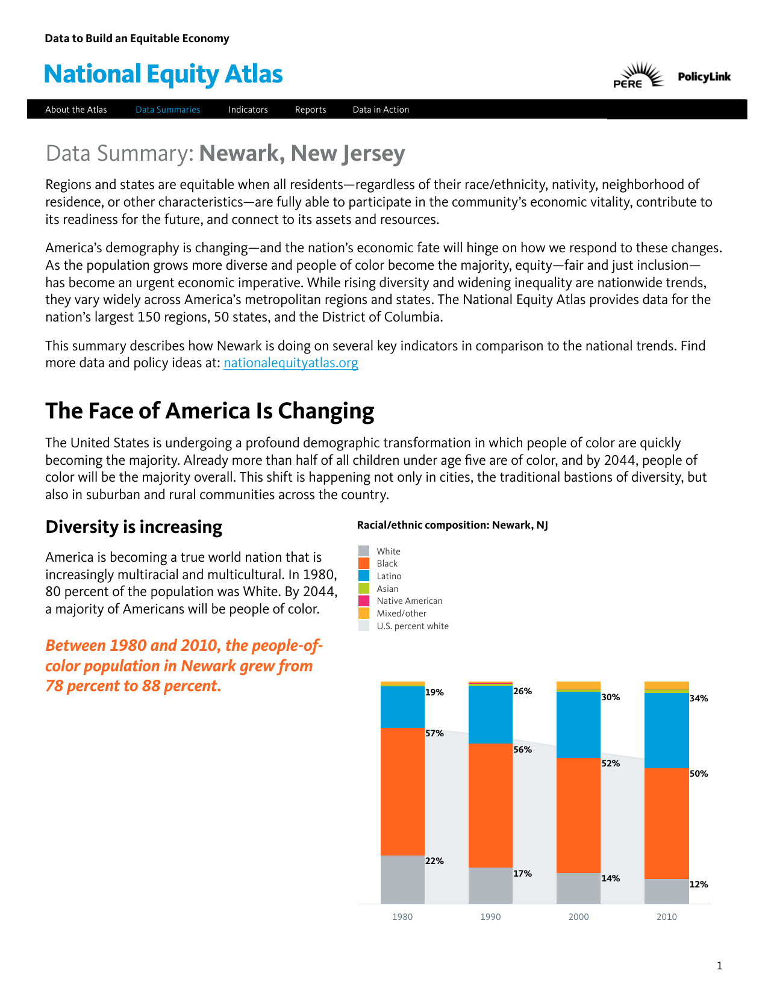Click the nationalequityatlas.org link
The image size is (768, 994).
290,363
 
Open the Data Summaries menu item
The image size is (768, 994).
167,110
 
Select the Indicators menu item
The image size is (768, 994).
248,110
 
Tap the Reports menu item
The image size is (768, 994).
310,110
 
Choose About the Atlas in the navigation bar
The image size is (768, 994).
76,110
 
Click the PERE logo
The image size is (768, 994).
637,76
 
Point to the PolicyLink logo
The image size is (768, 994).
704,76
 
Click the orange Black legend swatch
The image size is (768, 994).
364,564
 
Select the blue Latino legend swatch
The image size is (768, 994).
364,576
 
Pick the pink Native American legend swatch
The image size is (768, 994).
364,601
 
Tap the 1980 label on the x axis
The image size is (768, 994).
402,917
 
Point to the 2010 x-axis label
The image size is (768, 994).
666,917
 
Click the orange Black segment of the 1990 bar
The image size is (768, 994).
490,805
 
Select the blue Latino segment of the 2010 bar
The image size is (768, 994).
666,730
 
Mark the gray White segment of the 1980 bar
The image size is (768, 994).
402,879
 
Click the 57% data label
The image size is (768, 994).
434,733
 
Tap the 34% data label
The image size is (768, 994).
699,698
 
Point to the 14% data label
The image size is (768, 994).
610,878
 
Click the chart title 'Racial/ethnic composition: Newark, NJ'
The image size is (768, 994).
452,525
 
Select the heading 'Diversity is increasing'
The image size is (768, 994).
134,527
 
